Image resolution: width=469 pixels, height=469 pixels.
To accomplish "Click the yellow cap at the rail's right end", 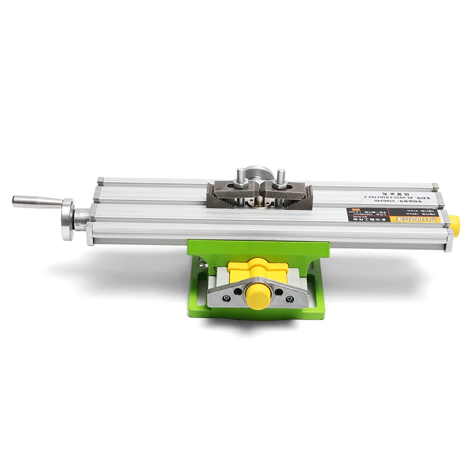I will coord(453,222).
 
